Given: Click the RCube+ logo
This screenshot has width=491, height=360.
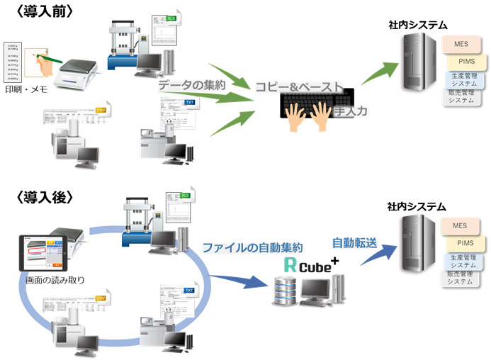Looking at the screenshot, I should (x=309, y=265).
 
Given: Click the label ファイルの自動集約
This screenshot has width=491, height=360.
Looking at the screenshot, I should (x=253, y=248).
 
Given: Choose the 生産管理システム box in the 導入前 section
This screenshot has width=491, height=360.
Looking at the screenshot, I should (x=463, y=79).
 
